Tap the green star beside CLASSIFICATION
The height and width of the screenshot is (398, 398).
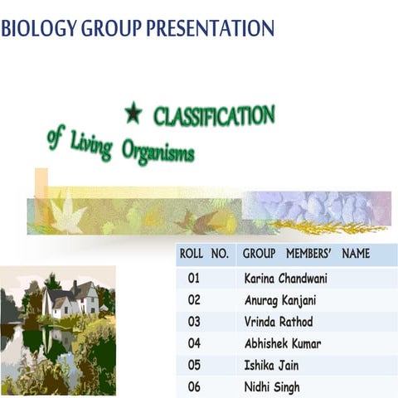coord(133,113)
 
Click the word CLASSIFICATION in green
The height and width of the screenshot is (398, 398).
coord(214,116)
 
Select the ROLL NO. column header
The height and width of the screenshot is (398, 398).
coord(202,254)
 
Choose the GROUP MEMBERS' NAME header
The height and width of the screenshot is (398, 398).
coord(307,254)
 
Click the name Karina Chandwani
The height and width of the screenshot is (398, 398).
coord(286,279)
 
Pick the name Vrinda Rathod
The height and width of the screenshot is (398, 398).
coord(279,322)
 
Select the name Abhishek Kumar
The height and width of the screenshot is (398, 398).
coord(283,343)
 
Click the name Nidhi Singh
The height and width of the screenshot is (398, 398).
coord(272,386)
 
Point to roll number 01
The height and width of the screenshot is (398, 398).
coord(194,279)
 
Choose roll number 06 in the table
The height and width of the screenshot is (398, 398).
coord(194,386)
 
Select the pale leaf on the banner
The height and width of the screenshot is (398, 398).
coord(66,215)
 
